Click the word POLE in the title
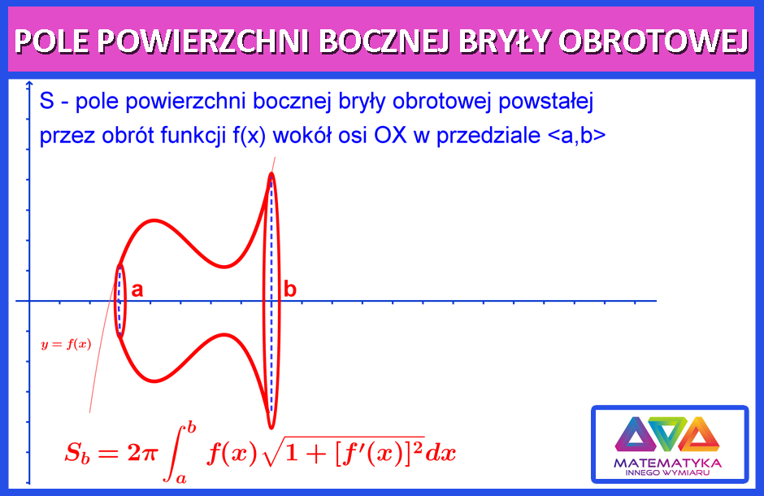click(x=52, y=41)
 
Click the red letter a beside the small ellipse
click(x=137, y=290)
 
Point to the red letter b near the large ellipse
click(x=290, y=289)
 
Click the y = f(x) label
click(x=67, y=345)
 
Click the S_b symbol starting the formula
click(x=77, y=454)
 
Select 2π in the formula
click(x=141, y=454)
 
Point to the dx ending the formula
click(x=441, y=454)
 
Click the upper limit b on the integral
click(x=192, y=428)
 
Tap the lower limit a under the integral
click(x=181, y=478)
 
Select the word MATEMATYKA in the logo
click(x=668, y=463)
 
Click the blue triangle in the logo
click(x=633, y=433)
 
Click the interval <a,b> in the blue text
click(x=576, y=136)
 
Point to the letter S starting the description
click(x=47, y=102)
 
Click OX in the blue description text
click(x=390, y=136)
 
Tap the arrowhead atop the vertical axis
click(x=29, y=85)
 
